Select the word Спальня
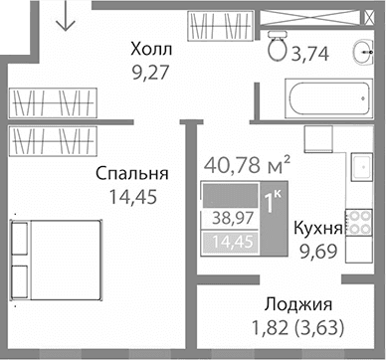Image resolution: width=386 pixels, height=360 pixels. pos(131,173)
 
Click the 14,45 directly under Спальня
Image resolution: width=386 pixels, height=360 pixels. pos(131,195)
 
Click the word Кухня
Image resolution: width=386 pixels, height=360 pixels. pos(318,229)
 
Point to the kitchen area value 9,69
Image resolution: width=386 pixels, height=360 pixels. pos(318,251)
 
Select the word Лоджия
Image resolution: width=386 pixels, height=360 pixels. pos(298,304)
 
